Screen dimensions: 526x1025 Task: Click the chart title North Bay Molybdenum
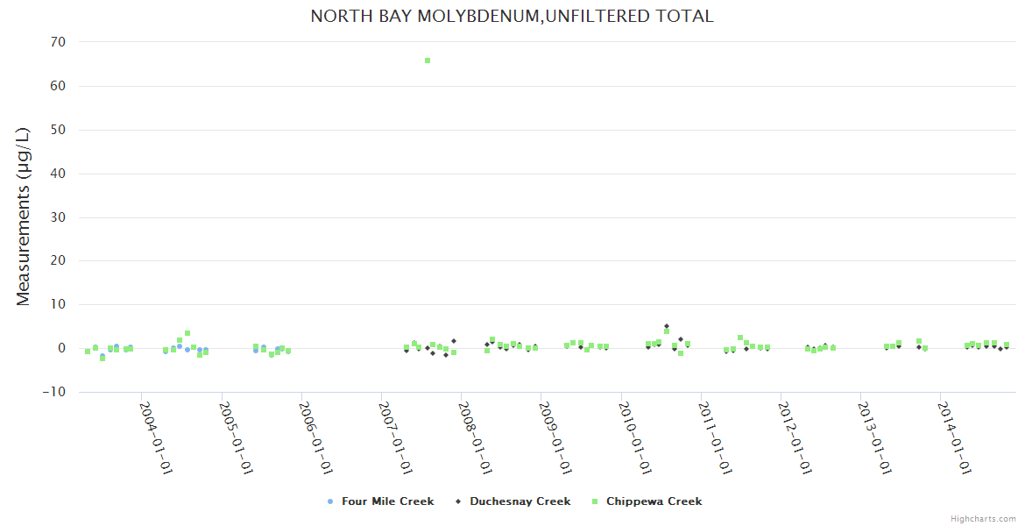coord(512,16)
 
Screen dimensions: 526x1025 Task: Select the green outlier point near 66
coord(428,60)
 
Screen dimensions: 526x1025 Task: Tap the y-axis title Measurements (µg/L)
coord(24,217)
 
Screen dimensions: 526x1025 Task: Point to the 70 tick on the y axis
coord(59,42)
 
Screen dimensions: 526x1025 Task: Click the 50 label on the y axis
coord(59,130)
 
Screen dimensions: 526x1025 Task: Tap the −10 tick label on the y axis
coord(54,392)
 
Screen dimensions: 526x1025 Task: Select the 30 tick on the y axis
coord(59,217)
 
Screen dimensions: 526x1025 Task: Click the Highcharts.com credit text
coord(983,519)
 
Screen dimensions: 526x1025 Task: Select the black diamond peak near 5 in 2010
coord(667,326)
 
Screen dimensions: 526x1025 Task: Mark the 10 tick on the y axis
coord(59,304)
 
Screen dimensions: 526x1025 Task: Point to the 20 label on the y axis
coord(59,261)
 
